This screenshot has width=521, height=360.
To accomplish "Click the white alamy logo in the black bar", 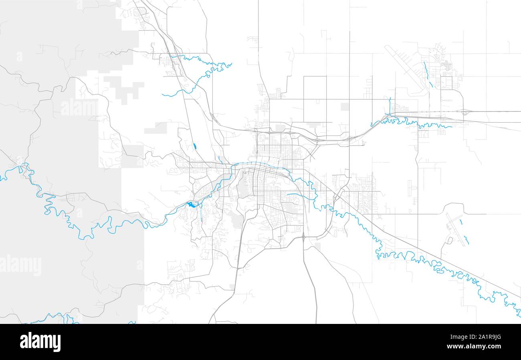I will [x=40, y=342].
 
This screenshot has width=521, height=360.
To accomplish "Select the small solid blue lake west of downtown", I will [x=191, y=205].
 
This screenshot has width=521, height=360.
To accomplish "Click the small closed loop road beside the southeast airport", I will [x=450, y=241].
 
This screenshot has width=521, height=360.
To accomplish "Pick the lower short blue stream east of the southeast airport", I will [x=466, y=239].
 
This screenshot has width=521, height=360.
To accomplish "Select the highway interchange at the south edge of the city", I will [x=303, y=237].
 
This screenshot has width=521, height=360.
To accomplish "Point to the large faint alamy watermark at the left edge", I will [x=21, y=265].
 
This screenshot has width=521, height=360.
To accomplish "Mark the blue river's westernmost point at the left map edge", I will [x=1, y=179].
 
